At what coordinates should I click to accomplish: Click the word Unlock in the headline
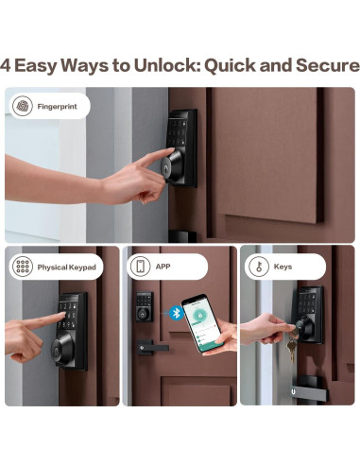click(167, 65)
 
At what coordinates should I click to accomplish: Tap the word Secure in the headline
click(328, 65)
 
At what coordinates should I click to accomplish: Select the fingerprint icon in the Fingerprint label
click(23, 106)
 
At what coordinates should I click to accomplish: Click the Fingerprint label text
click(57, 107)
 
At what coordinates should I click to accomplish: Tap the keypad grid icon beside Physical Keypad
click(23, 267)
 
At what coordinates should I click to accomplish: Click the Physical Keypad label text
click(66, 267)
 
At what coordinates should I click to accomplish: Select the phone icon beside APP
click(140, 267)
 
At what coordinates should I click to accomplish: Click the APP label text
click(163, 267)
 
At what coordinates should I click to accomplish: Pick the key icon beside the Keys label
click(259, 267)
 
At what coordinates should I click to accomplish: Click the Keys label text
click(283, 267)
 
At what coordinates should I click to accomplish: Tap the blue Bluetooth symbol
click(177, 313)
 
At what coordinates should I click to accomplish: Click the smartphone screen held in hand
click(201, 322)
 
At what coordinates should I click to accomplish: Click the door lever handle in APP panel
click(152, 348)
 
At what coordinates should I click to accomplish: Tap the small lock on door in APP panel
click(145, 306)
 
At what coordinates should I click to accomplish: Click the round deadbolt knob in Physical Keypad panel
click(62, 349)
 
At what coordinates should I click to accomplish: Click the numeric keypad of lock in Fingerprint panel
click(177, 131)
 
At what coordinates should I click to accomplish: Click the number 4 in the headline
click(6, 65)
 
